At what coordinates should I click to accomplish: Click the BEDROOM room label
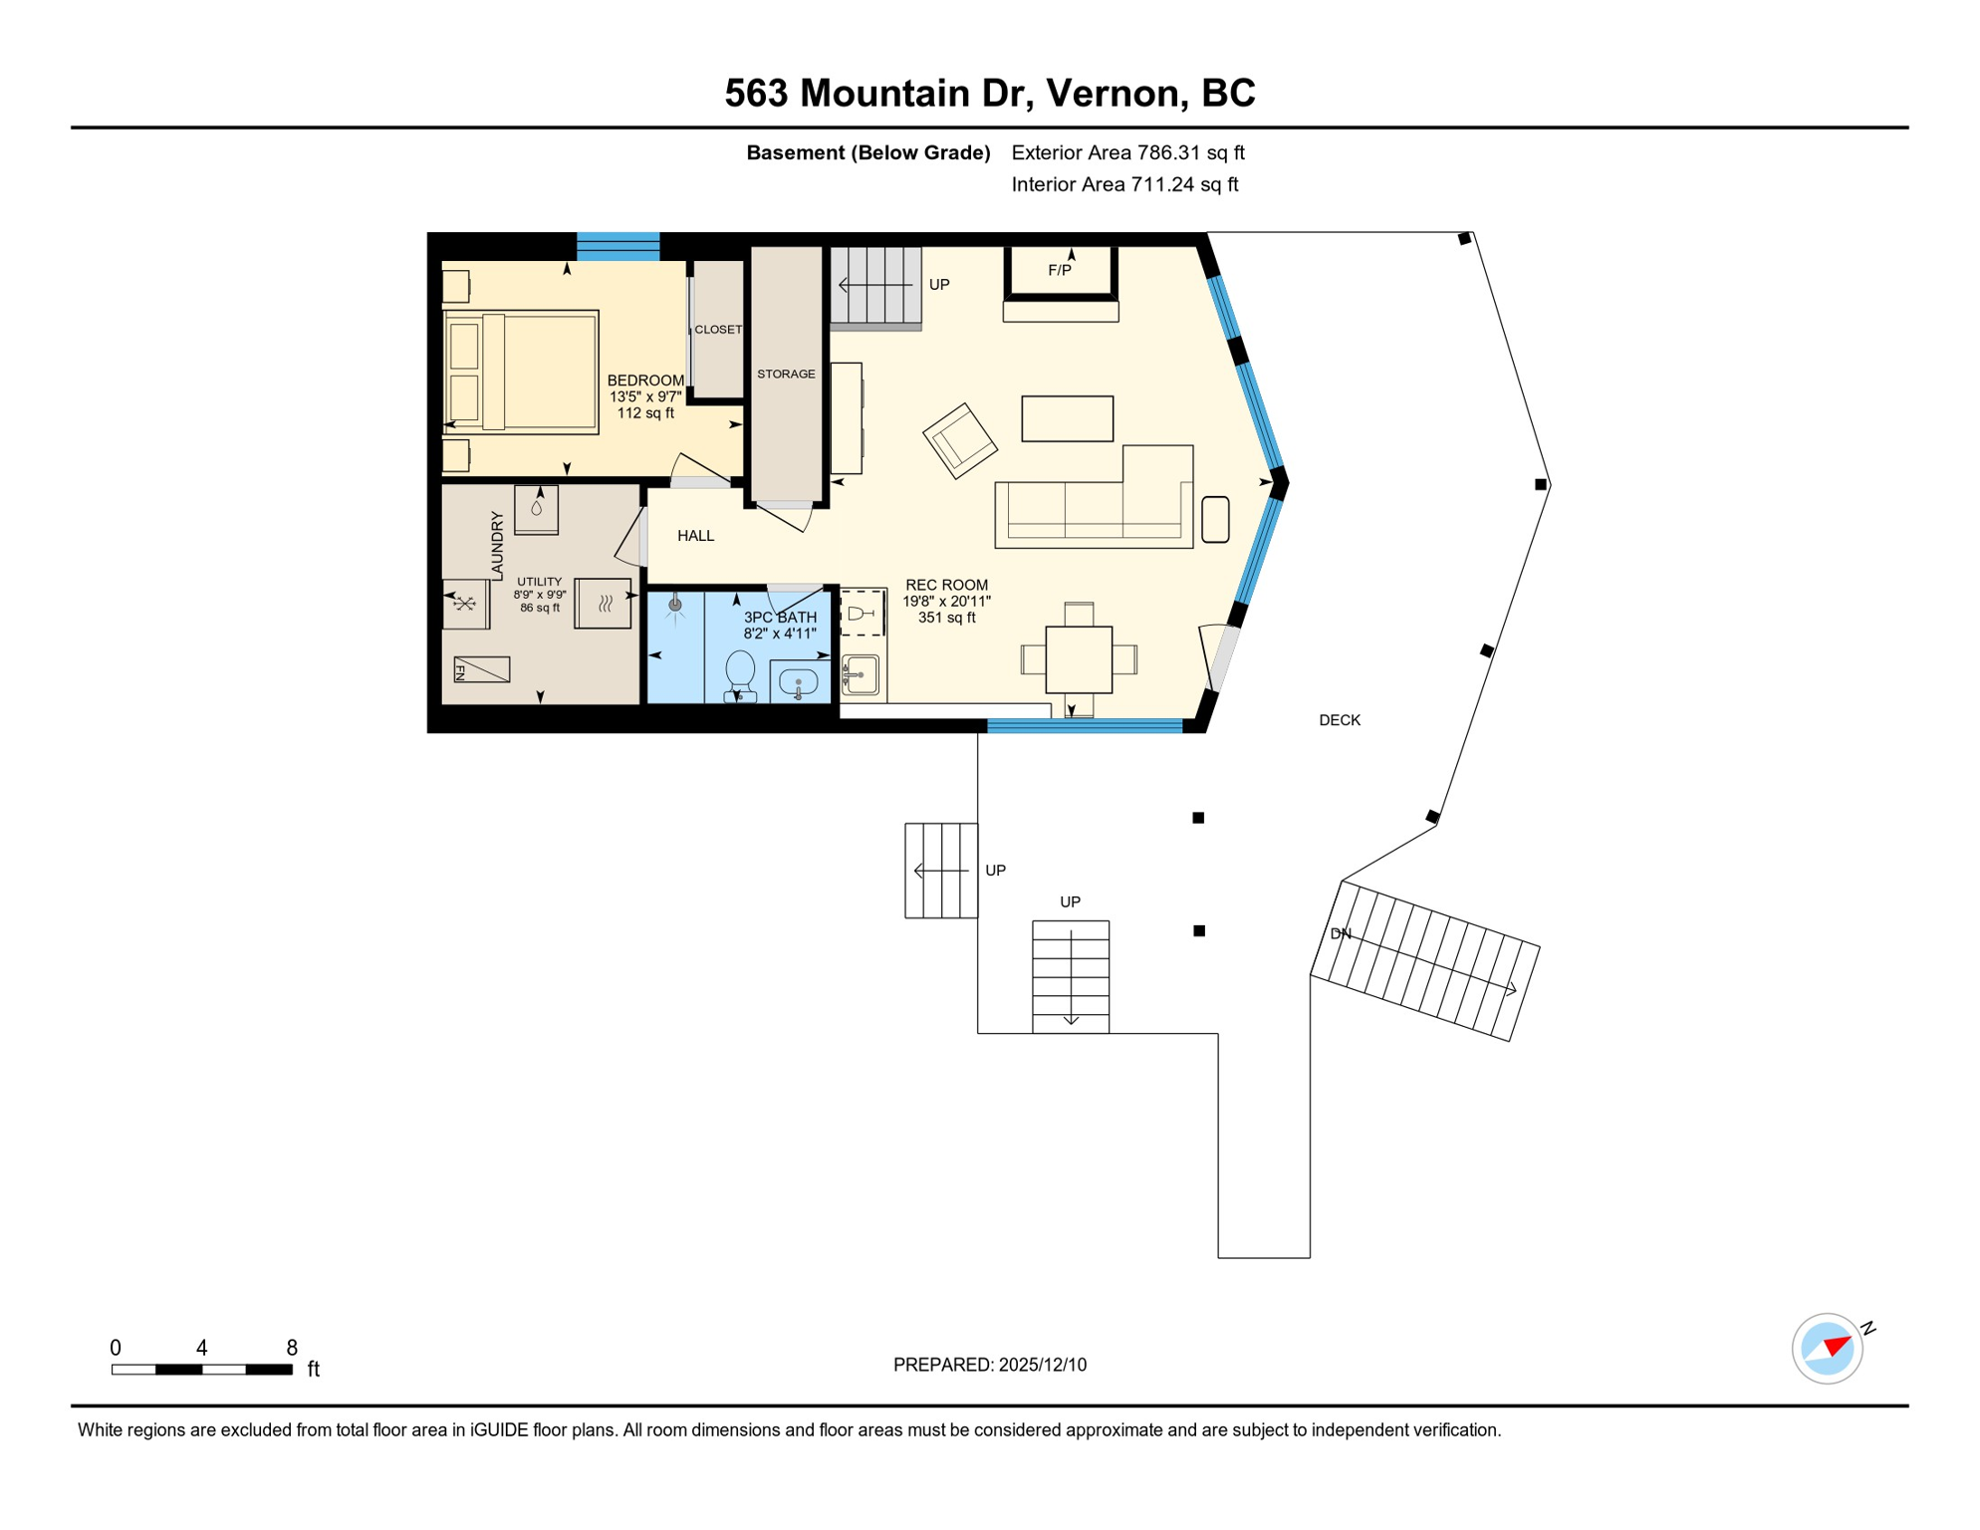[x=645, y=381]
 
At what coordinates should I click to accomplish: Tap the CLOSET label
[x=718, y=330]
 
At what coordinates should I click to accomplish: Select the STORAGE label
[x=786, y=375]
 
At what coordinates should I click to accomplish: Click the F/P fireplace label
[x=1059, y=271]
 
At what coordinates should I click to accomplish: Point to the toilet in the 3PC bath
[x=739, y=673]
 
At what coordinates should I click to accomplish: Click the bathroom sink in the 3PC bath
[x=798, y=683]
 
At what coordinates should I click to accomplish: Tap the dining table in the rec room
[x=1079, y=659]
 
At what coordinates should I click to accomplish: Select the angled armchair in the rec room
[x=959, y=440]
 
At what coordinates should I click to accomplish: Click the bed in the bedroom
[x=521, y=372]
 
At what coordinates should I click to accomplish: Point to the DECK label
[x=1339, y=720]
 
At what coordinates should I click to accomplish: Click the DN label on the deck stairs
[x=1341, y=934]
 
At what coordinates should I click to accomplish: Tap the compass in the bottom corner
[x=1828, y=1349]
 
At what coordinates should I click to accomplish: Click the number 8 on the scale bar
[x=292, y=1348]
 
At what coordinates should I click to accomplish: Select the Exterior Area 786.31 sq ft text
[x=1127, y=152]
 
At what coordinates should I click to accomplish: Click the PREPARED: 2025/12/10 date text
[x=989, y=1365]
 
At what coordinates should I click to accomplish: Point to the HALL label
[x=695, y=536]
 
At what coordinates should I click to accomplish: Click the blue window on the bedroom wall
[x=618, y=246]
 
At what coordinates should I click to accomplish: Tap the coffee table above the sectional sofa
[x=1067, y=418]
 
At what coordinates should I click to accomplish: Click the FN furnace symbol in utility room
[x=481, y=670]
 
